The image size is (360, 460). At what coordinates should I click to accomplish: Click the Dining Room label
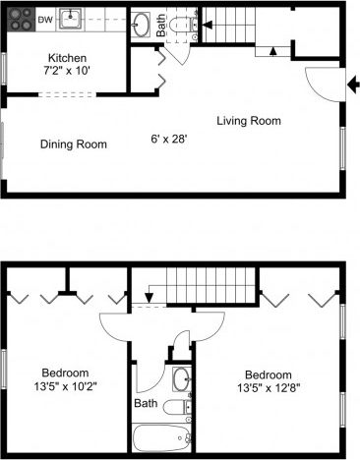click(74, 144)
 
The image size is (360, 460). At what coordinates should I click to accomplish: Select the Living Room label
click(249, 121)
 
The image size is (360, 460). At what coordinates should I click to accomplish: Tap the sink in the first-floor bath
click(142, 22)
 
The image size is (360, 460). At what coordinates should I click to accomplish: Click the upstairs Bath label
click(146, 403)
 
